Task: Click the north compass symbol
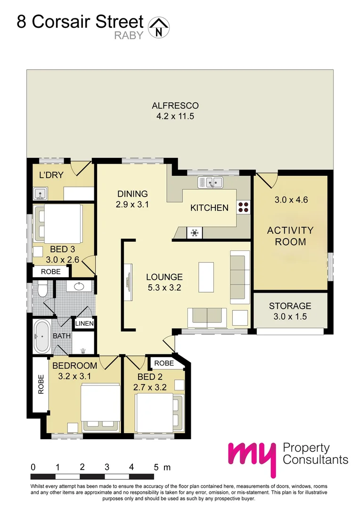click(159, 27)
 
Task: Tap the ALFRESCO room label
click(175, 106)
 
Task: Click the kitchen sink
click(211, 181)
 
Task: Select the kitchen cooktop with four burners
click(244, 208)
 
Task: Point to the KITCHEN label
click(209, 208)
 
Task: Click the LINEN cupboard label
click(85, 324)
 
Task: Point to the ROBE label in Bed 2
click(164, 363)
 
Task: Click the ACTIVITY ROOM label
click(290, 236)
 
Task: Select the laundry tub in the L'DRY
click(39, 193)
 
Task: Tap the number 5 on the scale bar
click(156, 467)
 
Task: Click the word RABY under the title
click(129, 35)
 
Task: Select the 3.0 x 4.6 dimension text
click(291, 199)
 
